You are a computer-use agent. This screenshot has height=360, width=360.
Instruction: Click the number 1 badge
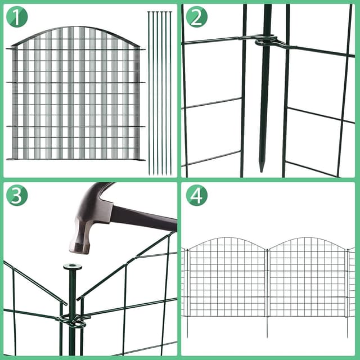click(x=17, y=17)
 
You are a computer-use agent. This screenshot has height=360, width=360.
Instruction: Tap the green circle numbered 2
click(x=196, y=17)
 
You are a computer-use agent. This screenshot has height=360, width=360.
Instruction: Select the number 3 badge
click(x=17, y=195)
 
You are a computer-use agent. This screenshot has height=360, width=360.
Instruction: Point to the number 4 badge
click(x=196, y=195)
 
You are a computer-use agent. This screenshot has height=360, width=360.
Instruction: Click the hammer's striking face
click(x=78, y=248)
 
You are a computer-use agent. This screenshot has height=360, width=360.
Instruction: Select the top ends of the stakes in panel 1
click(x=160, y=12)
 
